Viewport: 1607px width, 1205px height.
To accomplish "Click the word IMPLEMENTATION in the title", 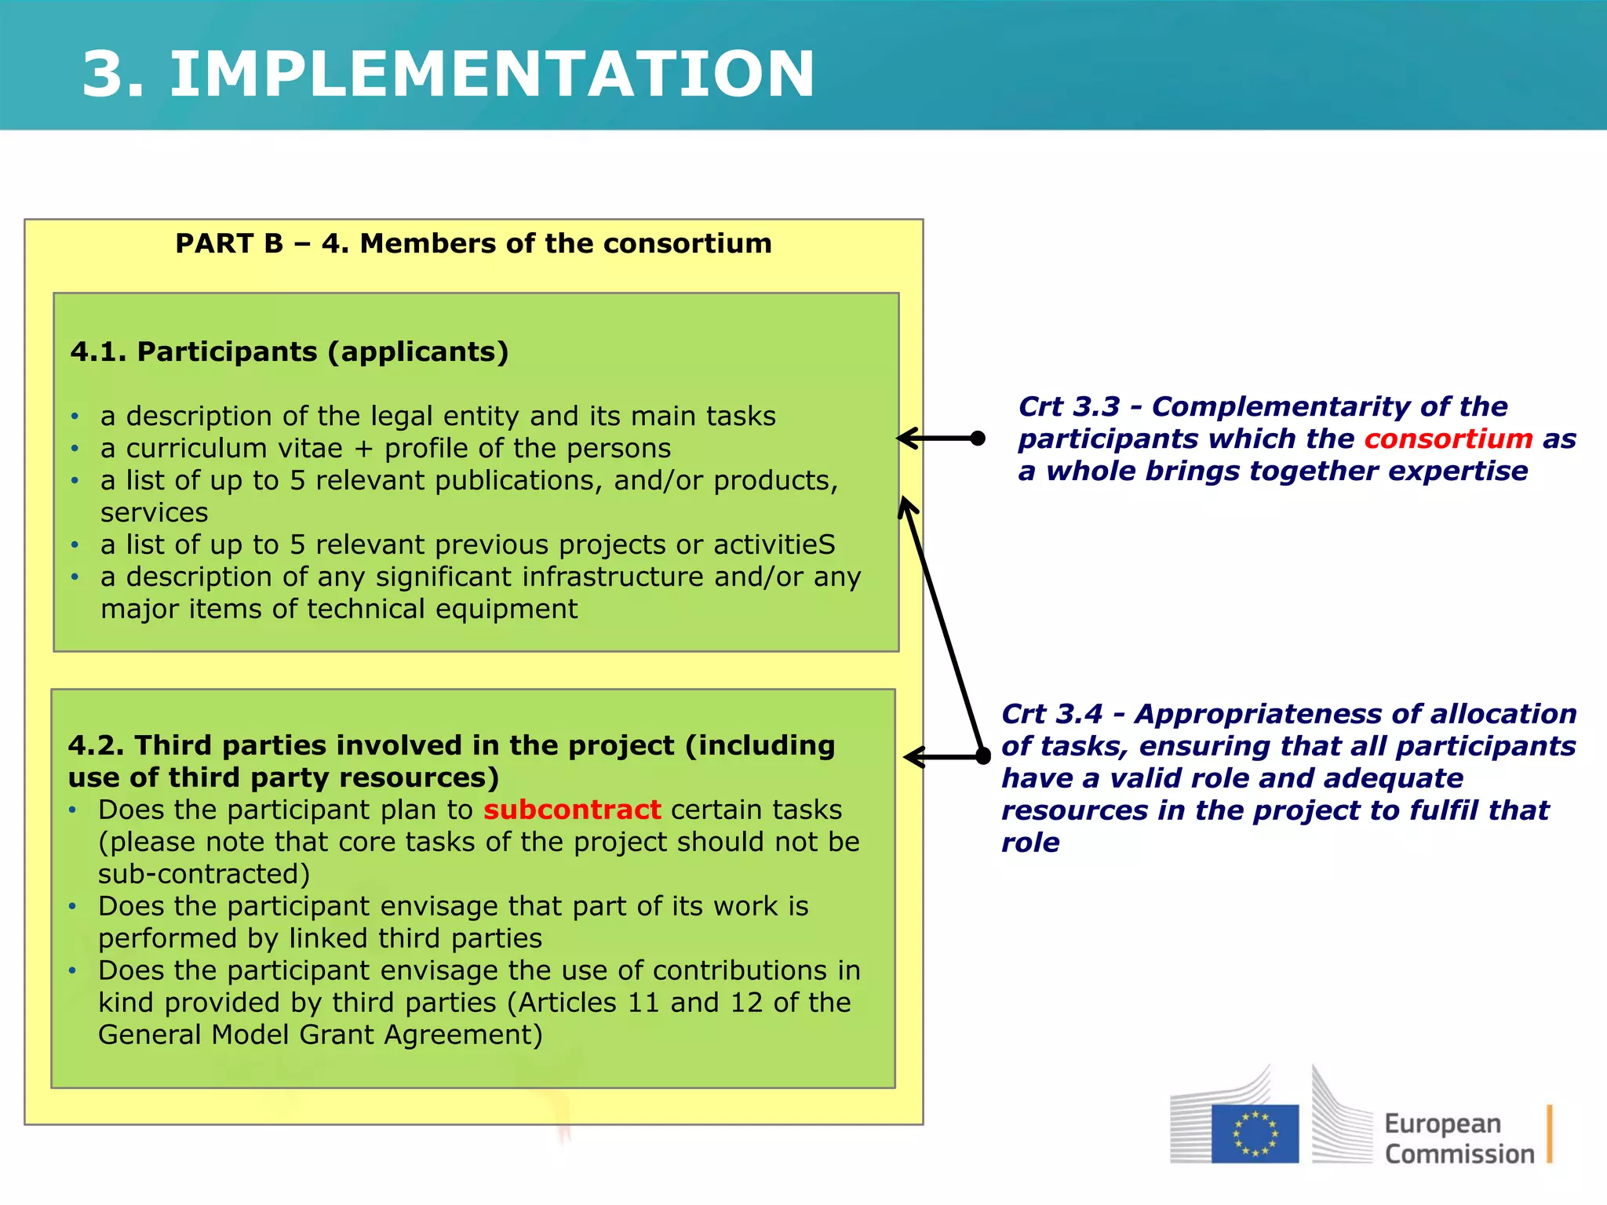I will [492, 75].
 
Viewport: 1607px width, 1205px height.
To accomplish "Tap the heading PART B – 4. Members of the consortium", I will [473, 244].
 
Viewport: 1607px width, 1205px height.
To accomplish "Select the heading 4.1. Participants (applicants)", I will [290, 352].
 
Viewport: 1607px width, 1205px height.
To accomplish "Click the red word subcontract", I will [572, 810].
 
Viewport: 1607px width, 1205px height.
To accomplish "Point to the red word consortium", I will [1448, 439].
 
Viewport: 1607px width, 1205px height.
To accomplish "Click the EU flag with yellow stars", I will [1254, 1134].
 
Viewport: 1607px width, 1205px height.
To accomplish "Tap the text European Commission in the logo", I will [1458, 1138].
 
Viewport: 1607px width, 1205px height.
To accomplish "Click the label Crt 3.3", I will [1069, 406].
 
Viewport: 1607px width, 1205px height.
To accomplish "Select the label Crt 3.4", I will [1051, 714].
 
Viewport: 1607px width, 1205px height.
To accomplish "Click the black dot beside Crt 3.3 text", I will [978, 439].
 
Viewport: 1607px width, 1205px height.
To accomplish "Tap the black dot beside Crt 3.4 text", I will [983, 756].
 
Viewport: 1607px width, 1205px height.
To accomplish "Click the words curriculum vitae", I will [235, 448].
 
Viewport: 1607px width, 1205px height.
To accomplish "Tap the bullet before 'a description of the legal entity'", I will [75, 417].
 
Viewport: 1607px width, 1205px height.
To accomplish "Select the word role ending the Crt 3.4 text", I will [1030, 843].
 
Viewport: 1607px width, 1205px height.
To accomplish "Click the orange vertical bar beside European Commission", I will [1550, 1134].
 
